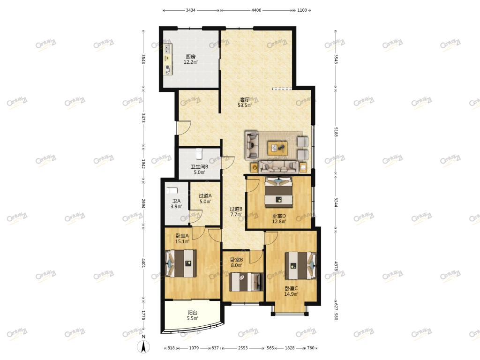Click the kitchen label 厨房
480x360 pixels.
pos(190,57)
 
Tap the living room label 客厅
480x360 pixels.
pos(245,100)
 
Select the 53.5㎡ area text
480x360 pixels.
pos(245,105)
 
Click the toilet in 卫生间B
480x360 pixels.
pos(199,153)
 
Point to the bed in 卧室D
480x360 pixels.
pos(278,191)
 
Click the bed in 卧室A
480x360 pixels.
pos(181,263)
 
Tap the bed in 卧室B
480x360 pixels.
pos(247,282)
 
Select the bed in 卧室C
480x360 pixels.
pos(300,265)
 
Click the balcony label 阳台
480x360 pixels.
pos(192,313)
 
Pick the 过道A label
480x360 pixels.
pos(205,196)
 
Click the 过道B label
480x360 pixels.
pos(236,209)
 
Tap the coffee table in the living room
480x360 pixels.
pos(277,148)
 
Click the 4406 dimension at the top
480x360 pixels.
pos(256,10)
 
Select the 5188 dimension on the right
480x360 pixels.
pos(336,132)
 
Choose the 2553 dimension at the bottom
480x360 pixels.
pos(243,348)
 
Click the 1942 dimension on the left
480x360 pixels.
pos(143,164)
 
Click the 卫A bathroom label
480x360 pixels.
pos(176,201)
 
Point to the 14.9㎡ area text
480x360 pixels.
pos(291,294)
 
